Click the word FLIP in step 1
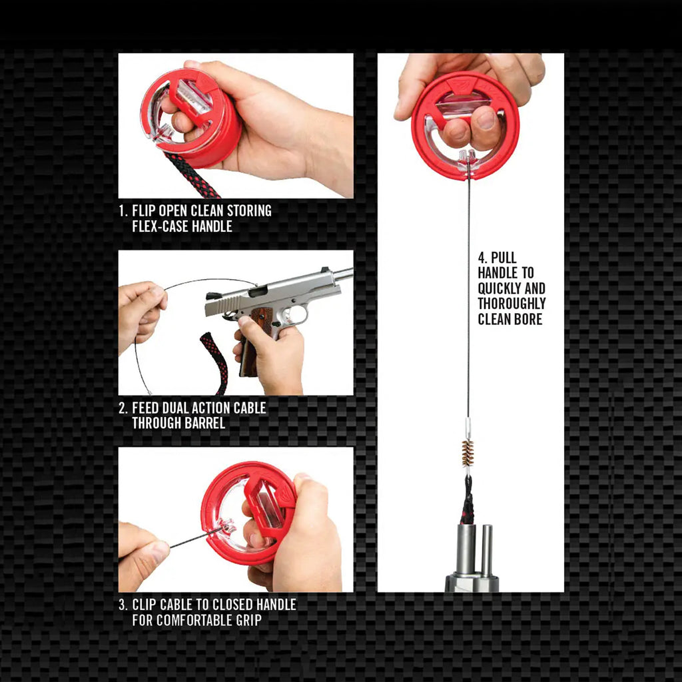pyautogui.click(x=144, y=210)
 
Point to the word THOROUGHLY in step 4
pyautogui.click(x=511, y=304)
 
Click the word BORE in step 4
pyautogui.click(x=529, y=319)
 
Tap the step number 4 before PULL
pyautogui.click(x=482, y=258)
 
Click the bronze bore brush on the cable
pyautogui.click(x=468, y=453)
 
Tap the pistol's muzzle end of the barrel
pyautogui.click(x=350, y=273)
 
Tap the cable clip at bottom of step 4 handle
pyautogui.click(x=468, y=159)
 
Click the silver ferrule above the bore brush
pyautogui.click(x=468, y=428)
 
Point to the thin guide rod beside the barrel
pyautogui.click(x=487, y=551)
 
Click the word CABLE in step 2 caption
pyautogui.click(x=250, y=408)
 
